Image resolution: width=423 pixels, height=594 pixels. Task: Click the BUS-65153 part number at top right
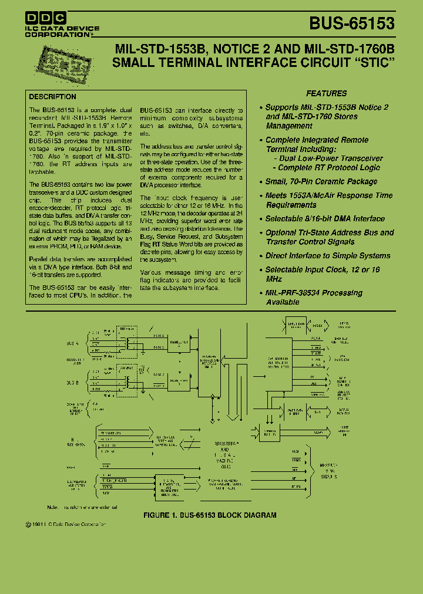tap(352, 23)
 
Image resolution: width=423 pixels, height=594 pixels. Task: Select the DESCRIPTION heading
tap(52, 97)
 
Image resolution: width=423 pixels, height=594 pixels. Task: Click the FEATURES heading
tap(326, 93)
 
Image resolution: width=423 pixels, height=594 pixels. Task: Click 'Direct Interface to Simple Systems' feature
tap(327, 256)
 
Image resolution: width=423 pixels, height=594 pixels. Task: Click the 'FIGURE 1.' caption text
tap(162, 515)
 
